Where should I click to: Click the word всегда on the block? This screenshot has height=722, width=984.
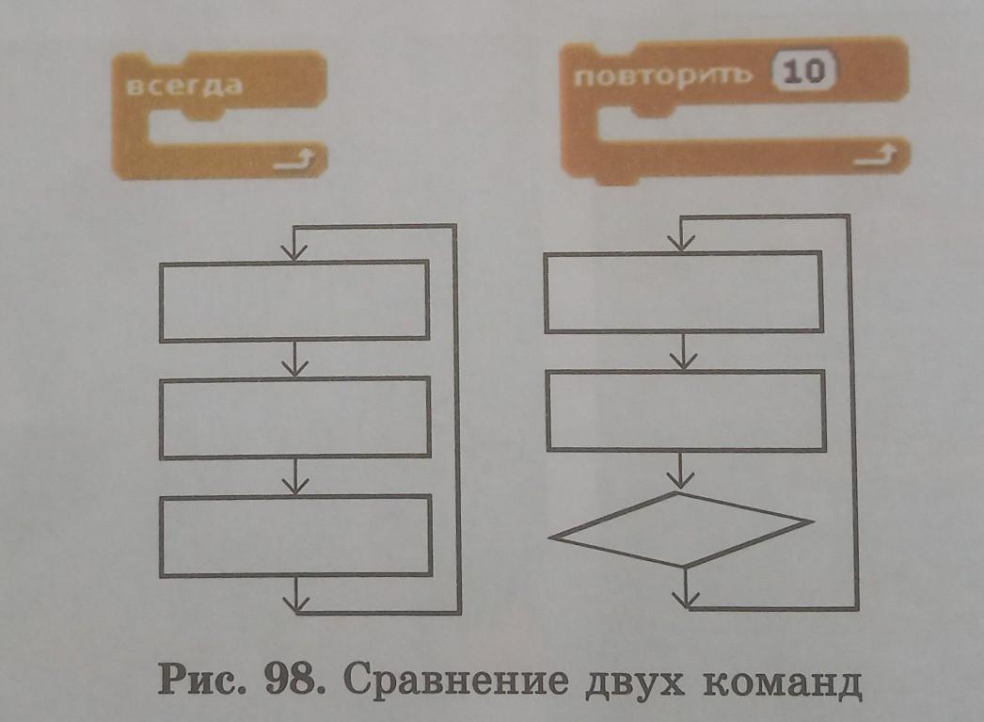(183, 86)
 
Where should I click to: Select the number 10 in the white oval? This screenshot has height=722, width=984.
(802, 74)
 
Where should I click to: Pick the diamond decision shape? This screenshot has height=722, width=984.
(682, 529)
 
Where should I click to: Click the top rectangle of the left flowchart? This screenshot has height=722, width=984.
(294, 301)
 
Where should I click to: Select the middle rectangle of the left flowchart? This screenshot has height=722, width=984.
(294, 418)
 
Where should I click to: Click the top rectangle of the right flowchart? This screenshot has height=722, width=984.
(685, 291)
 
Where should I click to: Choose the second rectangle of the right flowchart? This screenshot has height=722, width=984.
(685, 411)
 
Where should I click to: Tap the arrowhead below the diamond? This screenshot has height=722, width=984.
(687, 596)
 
